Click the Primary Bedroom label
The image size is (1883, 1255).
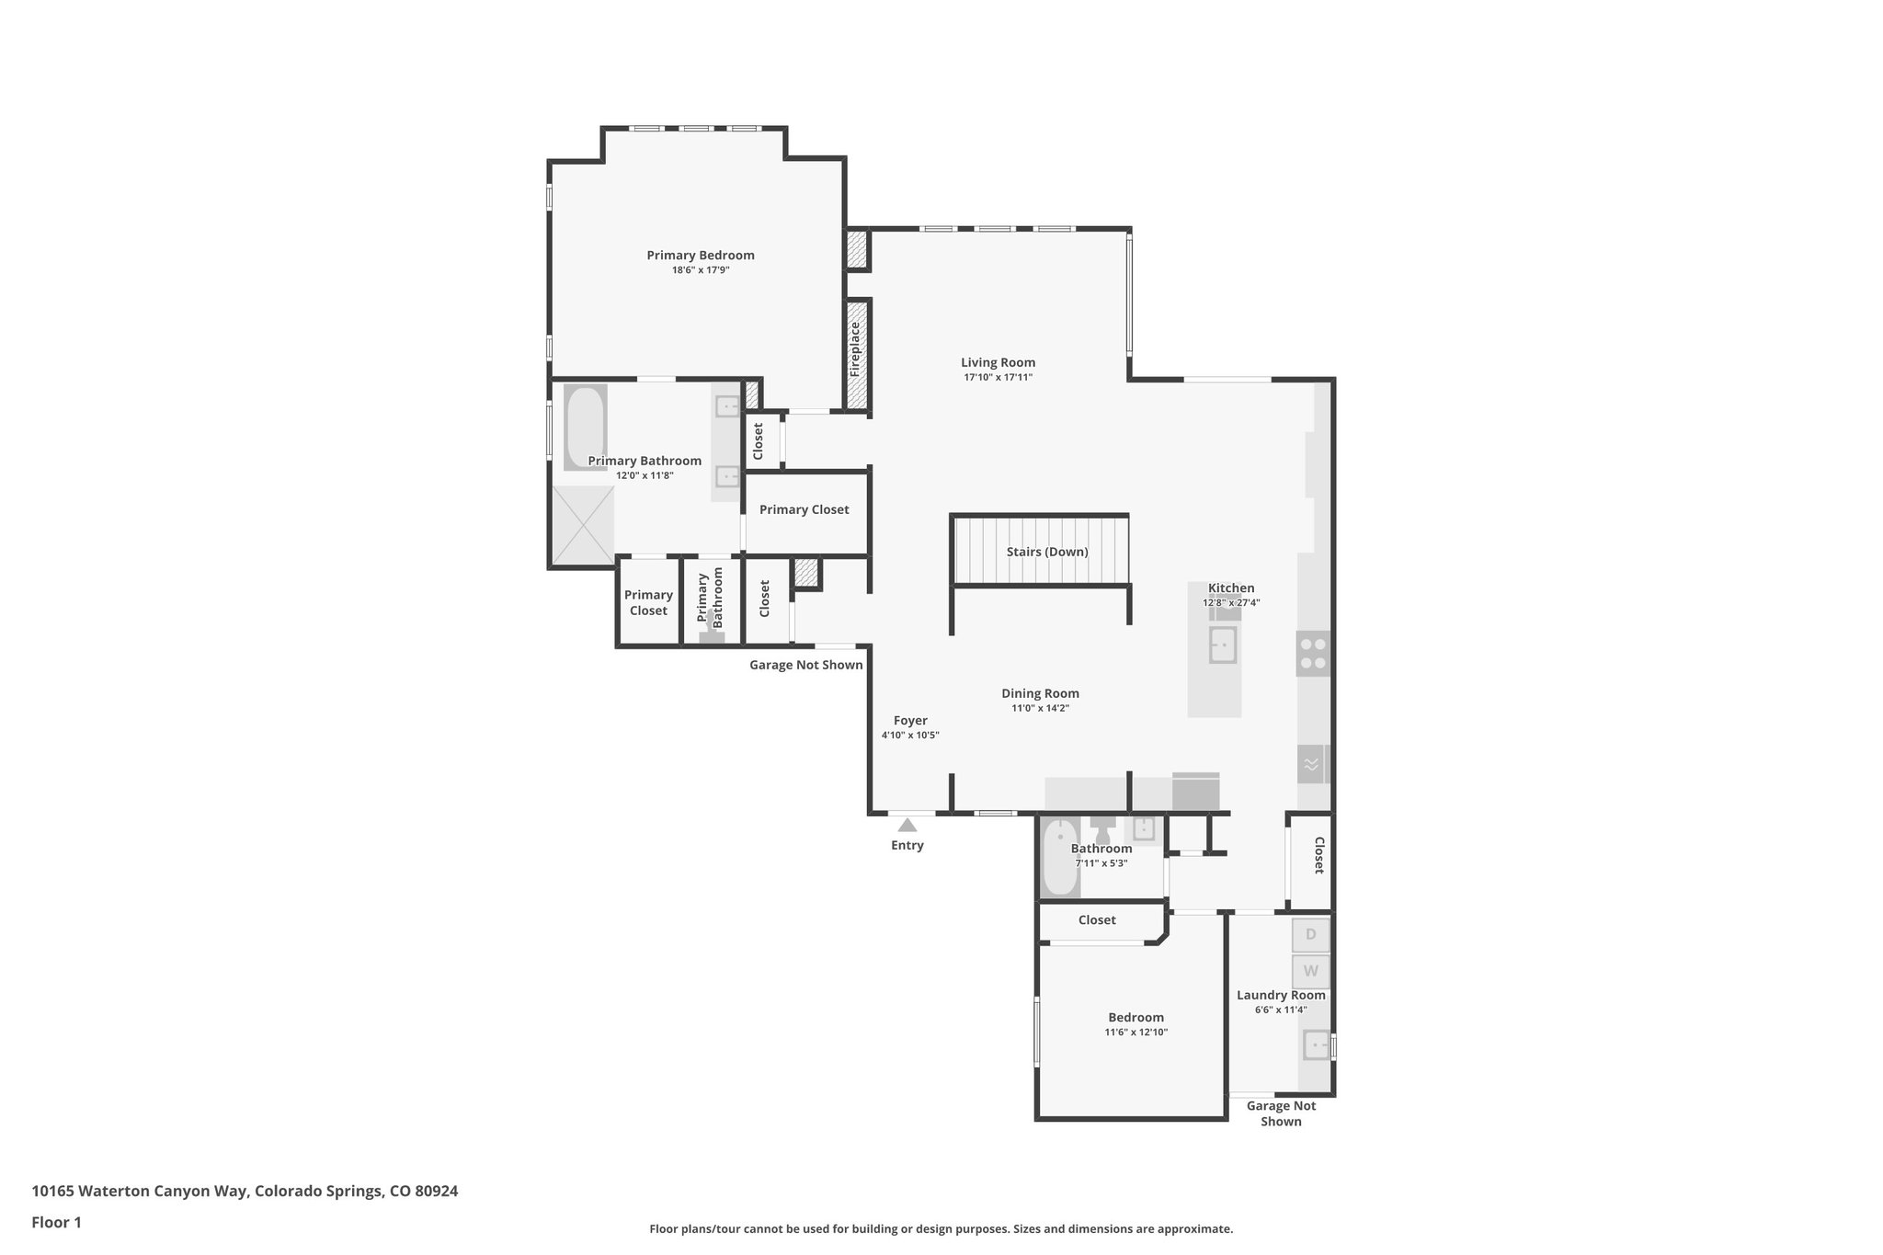click(x=700, y=256)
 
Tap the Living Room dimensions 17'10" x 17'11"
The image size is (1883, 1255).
click(x=998, y=377)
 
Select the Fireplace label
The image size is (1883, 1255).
click(x=855, y=349)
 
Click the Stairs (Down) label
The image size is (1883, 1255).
click(x=1046, y=552)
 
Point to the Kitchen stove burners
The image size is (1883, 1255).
click(x=1313, y=654)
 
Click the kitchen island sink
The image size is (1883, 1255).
click(x=1222, y=645)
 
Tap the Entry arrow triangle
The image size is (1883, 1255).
click(x=907, y=825)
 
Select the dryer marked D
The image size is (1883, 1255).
click(x=1310, y=934)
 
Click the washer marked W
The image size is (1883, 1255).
click(x=1310, y=971)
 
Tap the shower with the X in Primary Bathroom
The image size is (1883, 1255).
click(x=582, y=525)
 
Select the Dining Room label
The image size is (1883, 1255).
click(x=1040, y=693)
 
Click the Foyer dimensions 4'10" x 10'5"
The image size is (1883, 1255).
click(x=910, y=735)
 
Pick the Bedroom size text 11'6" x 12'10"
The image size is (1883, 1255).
click(x=1136, y=1033)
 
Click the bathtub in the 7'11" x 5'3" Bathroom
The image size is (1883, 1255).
click(x=1059, y=857)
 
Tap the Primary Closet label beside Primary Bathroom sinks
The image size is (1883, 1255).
click(x=804, y=509)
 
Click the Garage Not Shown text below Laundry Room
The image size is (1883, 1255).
click(x=1281, y=1113)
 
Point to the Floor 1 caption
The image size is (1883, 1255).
click(x=56, y=1222)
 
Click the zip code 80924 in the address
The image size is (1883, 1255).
click(x=436, y=1191)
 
